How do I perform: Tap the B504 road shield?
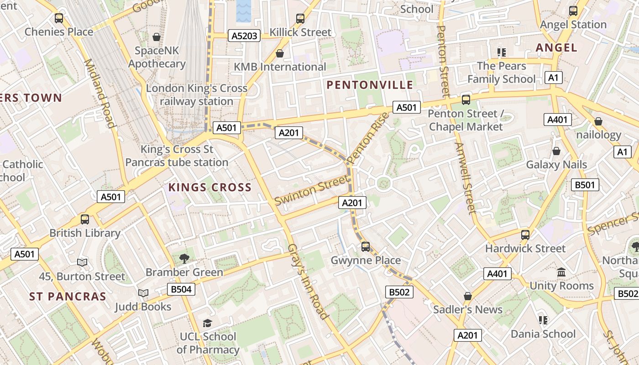(181, 289)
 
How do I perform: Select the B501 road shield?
(585, 185)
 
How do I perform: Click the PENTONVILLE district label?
(370, 85)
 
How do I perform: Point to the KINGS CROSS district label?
(210, 187)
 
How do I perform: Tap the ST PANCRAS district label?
(68, 297)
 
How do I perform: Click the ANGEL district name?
(556, 47)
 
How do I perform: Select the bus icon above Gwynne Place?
(366, 247)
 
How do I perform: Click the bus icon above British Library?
(85, 219)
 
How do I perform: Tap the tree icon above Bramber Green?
(184, 259)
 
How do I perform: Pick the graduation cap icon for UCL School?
(208, 323)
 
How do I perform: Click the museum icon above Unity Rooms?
(561, 272)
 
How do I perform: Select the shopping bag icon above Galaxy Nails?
(556, 151)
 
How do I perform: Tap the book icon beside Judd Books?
(143, 293)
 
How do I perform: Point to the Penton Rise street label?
(368, 138)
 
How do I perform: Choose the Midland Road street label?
(99, 93)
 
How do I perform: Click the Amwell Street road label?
(466, 178)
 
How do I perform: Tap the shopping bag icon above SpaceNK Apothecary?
(157, 37)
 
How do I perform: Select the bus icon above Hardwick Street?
(525, 235)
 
